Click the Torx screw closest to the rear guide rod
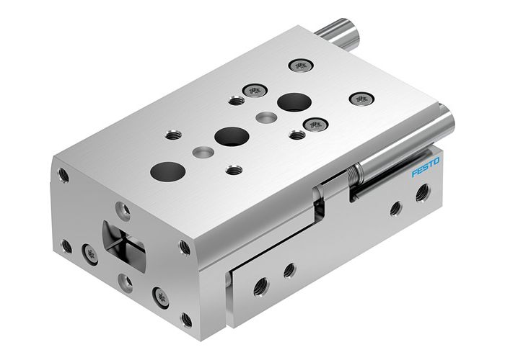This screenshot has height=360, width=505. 299,66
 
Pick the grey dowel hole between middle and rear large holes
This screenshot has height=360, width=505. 265,117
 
